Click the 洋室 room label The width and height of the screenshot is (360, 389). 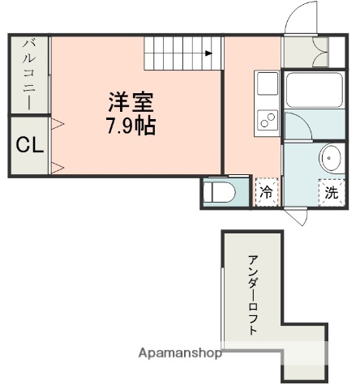(132, 103)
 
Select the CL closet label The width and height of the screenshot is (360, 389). (29, 146)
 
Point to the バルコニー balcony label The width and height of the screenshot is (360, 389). (28, 74)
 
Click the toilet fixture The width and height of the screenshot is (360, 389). (220, 193)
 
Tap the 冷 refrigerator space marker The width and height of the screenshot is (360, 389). (265, 192)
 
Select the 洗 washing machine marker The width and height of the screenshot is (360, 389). (331, 193)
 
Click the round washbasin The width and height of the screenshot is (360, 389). (331, 157)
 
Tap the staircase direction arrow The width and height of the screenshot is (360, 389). (208, 53)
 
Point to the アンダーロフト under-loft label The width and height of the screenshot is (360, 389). (253, 296)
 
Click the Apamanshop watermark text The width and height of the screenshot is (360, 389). (180, 353)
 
